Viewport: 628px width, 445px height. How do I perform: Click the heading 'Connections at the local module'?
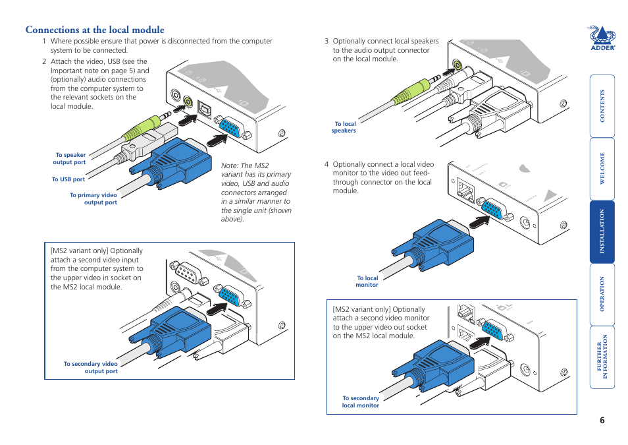[95, 30]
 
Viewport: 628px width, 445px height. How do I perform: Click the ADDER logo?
[601, 38]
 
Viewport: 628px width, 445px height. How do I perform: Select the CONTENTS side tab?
[602, 105]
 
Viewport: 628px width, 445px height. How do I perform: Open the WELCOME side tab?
[602, 169]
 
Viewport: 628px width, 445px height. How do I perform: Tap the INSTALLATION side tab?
[602, 231]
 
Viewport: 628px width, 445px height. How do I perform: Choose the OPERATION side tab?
[602, 294]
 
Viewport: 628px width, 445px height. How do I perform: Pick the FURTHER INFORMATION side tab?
[602, 357]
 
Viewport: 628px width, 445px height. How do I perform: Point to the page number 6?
[602, 422]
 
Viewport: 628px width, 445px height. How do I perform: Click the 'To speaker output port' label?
[70, 159]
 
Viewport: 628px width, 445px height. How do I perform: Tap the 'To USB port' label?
[68, 179]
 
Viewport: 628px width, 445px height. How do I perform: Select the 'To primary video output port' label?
[93, 198]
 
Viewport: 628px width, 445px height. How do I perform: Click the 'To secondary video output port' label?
[90, 367]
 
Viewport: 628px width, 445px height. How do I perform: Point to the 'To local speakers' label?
[344, 127]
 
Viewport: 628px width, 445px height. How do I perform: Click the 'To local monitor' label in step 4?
[367, 282]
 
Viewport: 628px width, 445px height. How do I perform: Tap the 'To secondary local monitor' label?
[360, 401]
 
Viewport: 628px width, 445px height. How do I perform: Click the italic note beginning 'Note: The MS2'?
[255, 193]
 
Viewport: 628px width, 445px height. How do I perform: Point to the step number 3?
[326, 41]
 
